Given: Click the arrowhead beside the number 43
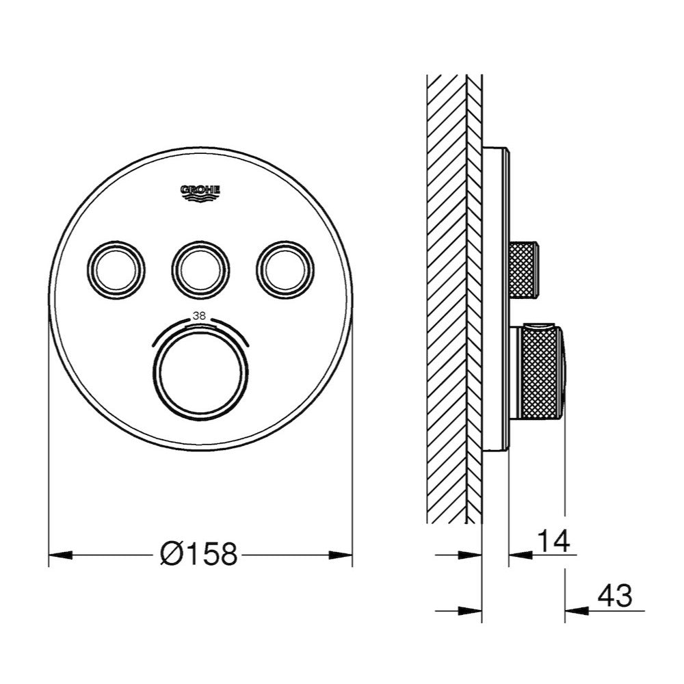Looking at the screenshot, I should click(x=575, y=609).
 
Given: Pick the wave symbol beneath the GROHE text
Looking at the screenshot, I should click(x=200, y=199).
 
